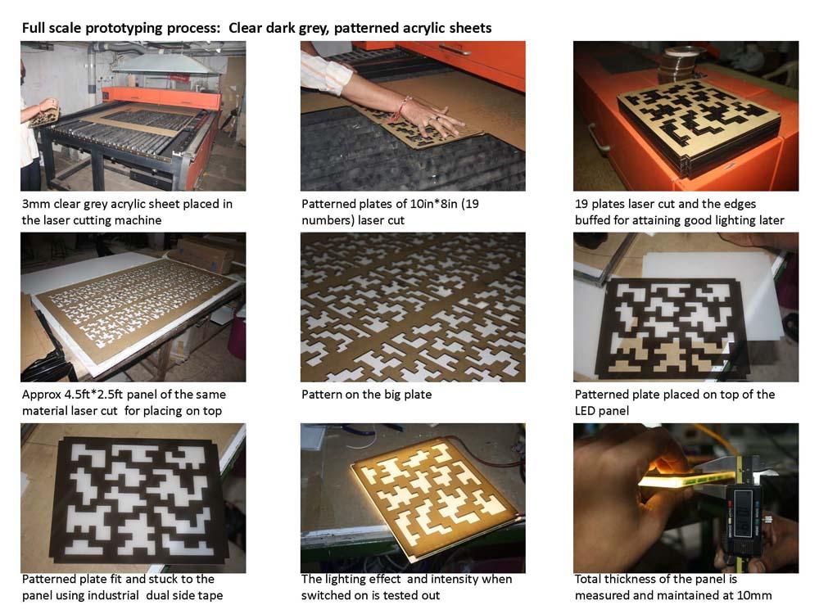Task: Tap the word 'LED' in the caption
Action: (586, 411)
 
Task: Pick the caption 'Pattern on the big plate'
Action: (367, 395)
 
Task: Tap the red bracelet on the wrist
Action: (403, 106)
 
